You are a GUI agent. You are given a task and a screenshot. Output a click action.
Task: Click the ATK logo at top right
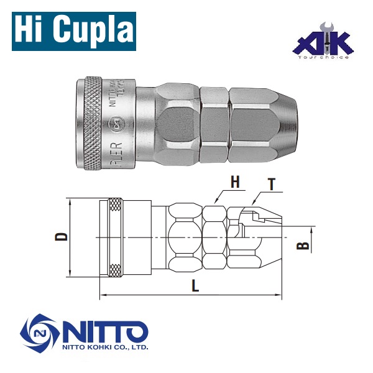point(324,42)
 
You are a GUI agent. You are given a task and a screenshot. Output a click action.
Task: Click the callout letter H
point(234,182)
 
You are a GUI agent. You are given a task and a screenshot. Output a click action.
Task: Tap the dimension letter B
point(303,245)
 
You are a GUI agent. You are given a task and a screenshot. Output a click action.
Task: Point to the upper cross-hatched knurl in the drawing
point(115,205)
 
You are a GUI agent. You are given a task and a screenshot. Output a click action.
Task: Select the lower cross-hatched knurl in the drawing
point(115,270)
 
